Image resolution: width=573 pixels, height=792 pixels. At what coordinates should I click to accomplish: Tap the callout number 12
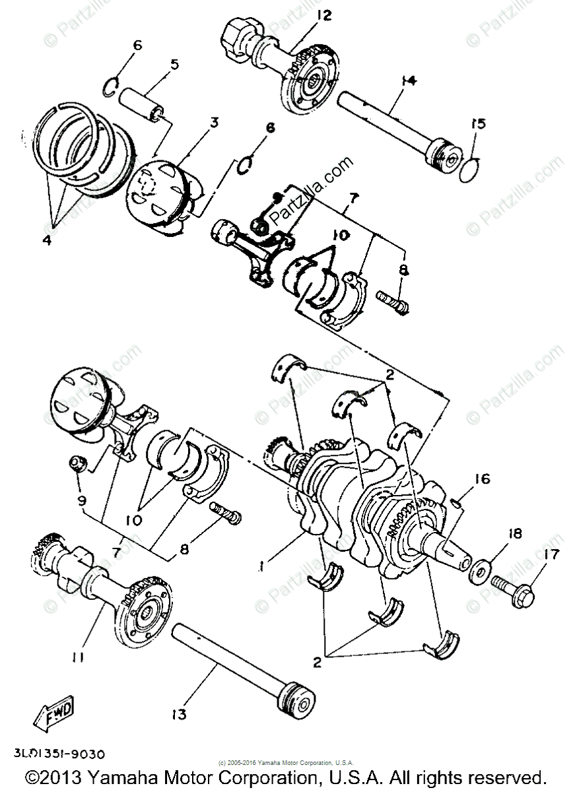[324, 15]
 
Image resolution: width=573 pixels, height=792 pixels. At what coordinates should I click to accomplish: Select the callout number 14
[409, 81]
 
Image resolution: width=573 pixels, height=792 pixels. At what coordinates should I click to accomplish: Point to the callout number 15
[478, 123]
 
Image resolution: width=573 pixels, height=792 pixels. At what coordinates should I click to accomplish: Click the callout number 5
[175, 65]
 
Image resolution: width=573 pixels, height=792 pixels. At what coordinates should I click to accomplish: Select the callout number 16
[482, 479]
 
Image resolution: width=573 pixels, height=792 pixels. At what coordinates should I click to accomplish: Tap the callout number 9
[81, 502]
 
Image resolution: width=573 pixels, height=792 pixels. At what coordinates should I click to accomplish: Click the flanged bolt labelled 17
[508, 584]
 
